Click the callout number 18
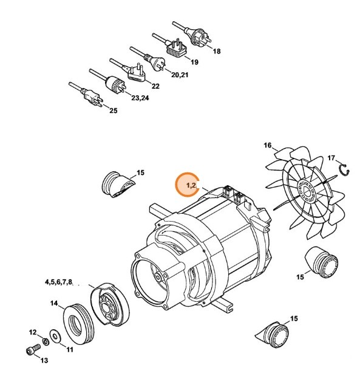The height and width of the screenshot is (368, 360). [x=217, y=52]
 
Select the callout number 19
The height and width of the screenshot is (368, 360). [x=195, y=63]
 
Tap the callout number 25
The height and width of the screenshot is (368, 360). [x=114, y=110]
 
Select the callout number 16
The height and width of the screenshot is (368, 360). [x=267, y=146]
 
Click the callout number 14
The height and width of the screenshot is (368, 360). [x=53, y=302]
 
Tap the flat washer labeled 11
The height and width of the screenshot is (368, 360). [x=55, y=335]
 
